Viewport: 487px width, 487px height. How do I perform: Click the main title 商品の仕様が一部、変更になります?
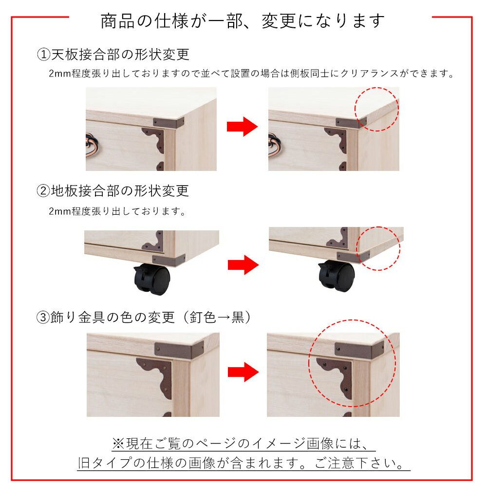(x=243, y=21)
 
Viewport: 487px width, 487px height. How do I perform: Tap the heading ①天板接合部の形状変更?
(x=113, y=55)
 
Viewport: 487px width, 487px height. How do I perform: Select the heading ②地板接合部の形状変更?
(x=113, y=191)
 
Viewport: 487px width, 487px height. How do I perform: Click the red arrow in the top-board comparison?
(x=242, y=127)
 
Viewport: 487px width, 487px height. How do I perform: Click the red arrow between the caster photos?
(x=243, y=265)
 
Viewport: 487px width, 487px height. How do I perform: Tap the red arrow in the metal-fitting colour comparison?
(x=243, y=372)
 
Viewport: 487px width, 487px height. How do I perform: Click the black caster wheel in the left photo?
(x=152, y=279)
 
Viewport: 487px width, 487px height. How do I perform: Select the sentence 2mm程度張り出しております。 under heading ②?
(x=117, y=211)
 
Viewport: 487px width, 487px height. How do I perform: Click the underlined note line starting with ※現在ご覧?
(x=243, y=443)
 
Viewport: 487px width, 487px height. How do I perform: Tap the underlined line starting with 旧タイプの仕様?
(x=243, y=463)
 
